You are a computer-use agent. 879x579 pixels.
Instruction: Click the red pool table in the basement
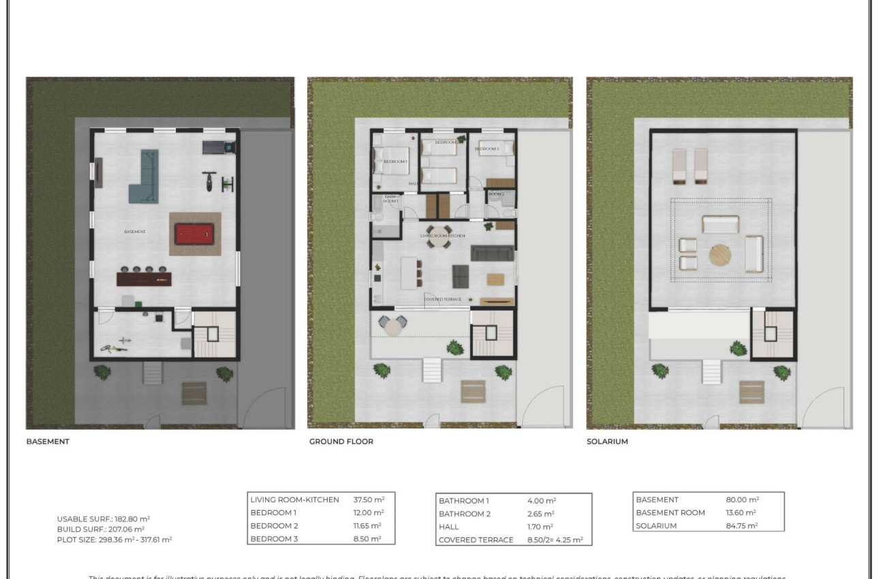click(196, 234)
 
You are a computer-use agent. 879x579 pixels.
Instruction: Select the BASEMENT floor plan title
click(48, 441)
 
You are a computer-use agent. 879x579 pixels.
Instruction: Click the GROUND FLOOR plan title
click(341, 441)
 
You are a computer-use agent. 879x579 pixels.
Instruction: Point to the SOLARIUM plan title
click(607, 441)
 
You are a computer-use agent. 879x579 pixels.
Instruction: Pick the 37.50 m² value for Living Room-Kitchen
click(369, 499)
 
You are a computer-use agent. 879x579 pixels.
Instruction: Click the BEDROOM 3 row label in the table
click(274, 539)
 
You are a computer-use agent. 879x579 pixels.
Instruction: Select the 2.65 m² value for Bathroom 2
click(540, 514)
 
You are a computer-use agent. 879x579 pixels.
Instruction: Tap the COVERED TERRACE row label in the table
click(476, 540)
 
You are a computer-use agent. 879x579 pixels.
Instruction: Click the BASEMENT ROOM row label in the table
click(670, 512)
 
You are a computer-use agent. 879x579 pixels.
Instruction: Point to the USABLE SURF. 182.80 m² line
click(104, 518)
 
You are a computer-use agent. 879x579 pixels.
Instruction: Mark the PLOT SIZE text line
click(114, 539)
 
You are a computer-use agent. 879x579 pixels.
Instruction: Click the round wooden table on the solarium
click(721, 255)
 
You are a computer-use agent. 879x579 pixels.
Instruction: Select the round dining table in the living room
click(439, 233)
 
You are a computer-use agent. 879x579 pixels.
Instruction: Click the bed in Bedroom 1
click(392, 162)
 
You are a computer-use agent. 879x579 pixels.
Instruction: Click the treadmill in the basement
click(220, 146)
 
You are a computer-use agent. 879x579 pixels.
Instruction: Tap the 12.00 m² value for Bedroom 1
click(369, 512)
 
